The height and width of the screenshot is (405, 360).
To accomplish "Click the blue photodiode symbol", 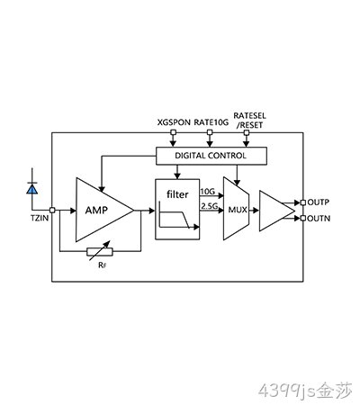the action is point(32,189).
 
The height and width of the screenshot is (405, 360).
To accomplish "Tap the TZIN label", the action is point(40,218).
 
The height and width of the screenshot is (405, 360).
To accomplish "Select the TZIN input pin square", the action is point(52,211).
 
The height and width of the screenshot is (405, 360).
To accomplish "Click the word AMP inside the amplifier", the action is point(96,210).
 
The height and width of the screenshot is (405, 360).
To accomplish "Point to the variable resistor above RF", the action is point(100,251).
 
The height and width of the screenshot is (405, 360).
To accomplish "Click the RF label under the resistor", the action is point(103,265).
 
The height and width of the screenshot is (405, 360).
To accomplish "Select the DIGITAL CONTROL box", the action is point(211,156).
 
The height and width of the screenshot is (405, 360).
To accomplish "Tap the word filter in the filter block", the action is point(177,194).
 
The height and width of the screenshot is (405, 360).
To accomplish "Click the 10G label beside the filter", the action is point(208,192).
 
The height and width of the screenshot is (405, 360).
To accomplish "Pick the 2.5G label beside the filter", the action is point(209,206).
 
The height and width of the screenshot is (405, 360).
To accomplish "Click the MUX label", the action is point(238,210).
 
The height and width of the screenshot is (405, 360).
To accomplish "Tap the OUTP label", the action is point(319,202).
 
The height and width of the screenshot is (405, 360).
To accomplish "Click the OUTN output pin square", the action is point(303,219).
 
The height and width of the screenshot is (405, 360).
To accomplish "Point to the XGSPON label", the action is point(174,122).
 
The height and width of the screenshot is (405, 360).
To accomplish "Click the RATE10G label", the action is point(211,122).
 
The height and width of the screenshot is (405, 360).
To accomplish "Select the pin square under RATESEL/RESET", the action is point(247,132).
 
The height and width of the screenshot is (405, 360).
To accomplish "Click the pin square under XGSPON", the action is point(173,132).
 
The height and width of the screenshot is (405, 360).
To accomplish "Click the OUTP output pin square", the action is point(303,202).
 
